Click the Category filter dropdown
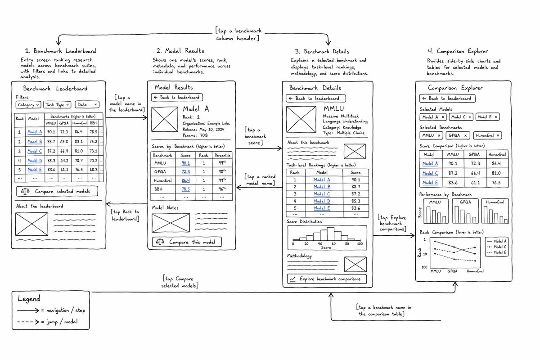click(x=28, y=105)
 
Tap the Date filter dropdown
click(x=87, y=104)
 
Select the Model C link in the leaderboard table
click(x=35, y=151)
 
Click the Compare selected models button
click(x=57, y=191)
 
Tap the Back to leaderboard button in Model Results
click(x=177, y=97)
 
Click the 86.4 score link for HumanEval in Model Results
click(x=185, y=180)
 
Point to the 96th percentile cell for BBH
click(x=222, y=189)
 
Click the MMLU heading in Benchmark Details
click(x=333, y=108)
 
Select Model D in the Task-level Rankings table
click(x=322, y=201)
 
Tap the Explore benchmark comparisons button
click(x=327, y=279)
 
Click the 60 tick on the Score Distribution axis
click(x=333, y=243)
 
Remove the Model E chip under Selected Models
click(x=496, y=117)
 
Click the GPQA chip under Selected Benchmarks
click(x=458, y=135)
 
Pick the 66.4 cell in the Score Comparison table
click(x=475, y=173)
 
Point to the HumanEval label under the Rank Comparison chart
click(x=475, y=271)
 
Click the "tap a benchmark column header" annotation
click(x=238, y=34)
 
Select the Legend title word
click(x=29, y=299)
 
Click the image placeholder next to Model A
click(x=165, y=119)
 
